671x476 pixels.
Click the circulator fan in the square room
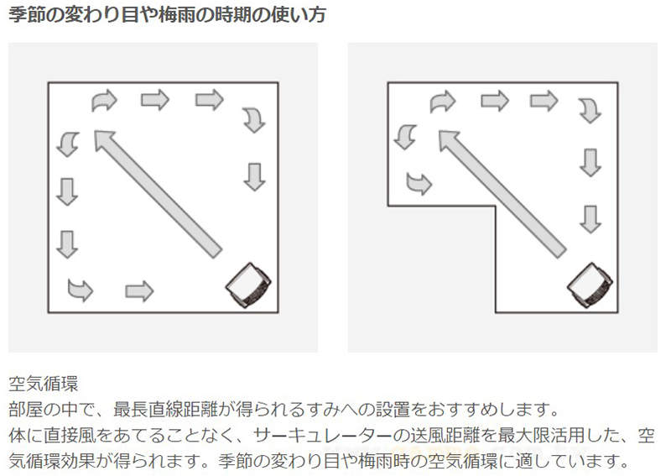248,285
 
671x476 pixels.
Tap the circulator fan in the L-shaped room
590,285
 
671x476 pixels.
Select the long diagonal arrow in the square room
158,194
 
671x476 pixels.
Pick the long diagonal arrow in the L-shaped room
502,194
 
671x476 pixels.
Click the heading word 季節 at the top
26,15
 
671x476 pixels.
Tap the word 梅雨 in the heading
176,15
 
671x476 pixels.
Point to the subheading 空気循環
44,384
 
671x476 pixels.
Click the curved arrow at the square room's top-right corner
254,119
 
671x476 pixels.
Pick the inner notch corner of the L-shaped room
496,207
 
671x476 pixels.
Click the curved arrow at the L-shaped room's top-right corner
590,111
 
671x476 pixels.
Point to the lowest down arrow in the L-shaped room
590,219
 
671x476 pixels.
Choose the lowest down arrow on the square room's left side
67,244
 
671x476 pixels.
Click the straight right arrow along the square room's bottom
139,291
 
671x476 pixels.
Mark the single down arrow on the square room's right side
255,176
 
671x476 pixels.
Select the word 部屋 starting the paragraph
26,410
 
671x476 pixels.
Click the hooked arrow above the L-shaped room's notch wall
419,183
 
